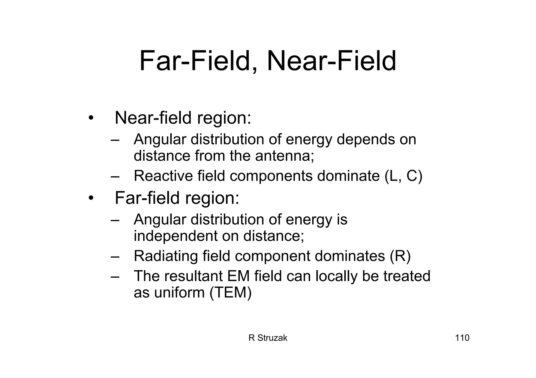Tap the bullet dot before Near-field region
[x=91, y=118]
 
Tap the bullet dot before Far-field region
[x=91, y=198]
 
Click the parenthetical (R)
[x=400, y=256]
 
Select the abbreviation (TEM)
[x=231, y=292]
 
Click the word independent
[x=176, y=236]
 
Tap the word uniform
[x=179, y=292]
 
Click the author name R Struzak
[x=268, y=338]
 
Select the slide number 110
[x=462, y=338]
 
